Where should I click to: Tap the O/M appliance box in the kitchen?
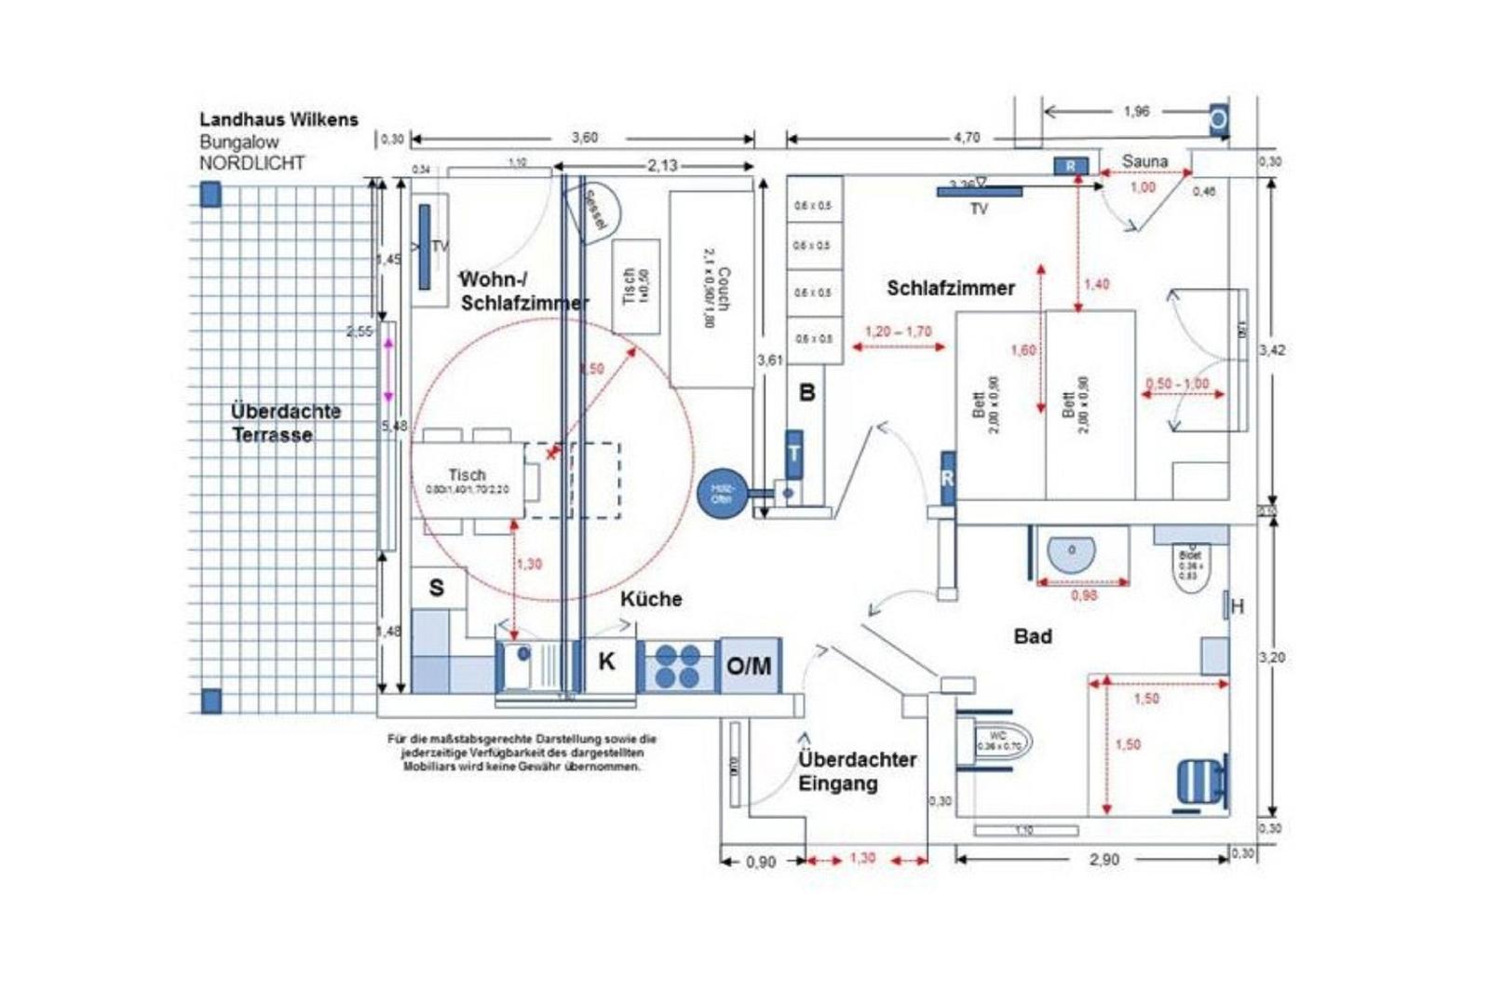pos(750,665)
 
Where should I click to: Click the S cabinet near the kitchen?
pos(437,588)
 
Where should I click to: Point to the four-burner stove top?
pos(677,665)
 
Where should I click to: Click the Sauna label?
pos(1144,161)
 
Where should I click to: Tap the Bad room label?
pos(1032,636)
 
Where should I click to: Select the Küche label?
pos(651,599)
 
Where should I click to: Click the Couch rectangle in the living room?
pos(711,289)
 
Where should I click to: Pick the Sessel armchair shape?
pos(595,211)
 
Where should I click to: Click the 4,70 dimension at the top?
pos(966,138)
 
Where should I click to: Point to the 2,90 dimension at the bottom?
pos(1104,860)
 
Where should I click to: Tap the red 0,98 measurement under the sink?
pos(1084,595)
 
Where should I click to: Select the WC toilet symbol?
pos(1001,742)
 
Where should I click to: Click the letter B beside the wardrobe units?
pos(806,393)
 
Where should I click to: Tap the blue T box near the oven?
pos(793,454)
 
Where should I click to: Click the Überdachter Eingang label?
pos(856,771)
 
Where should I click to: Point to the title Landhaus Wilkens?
pos(278,119)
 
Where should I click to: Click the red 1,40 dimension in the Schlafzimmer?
pos(1097,284)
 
